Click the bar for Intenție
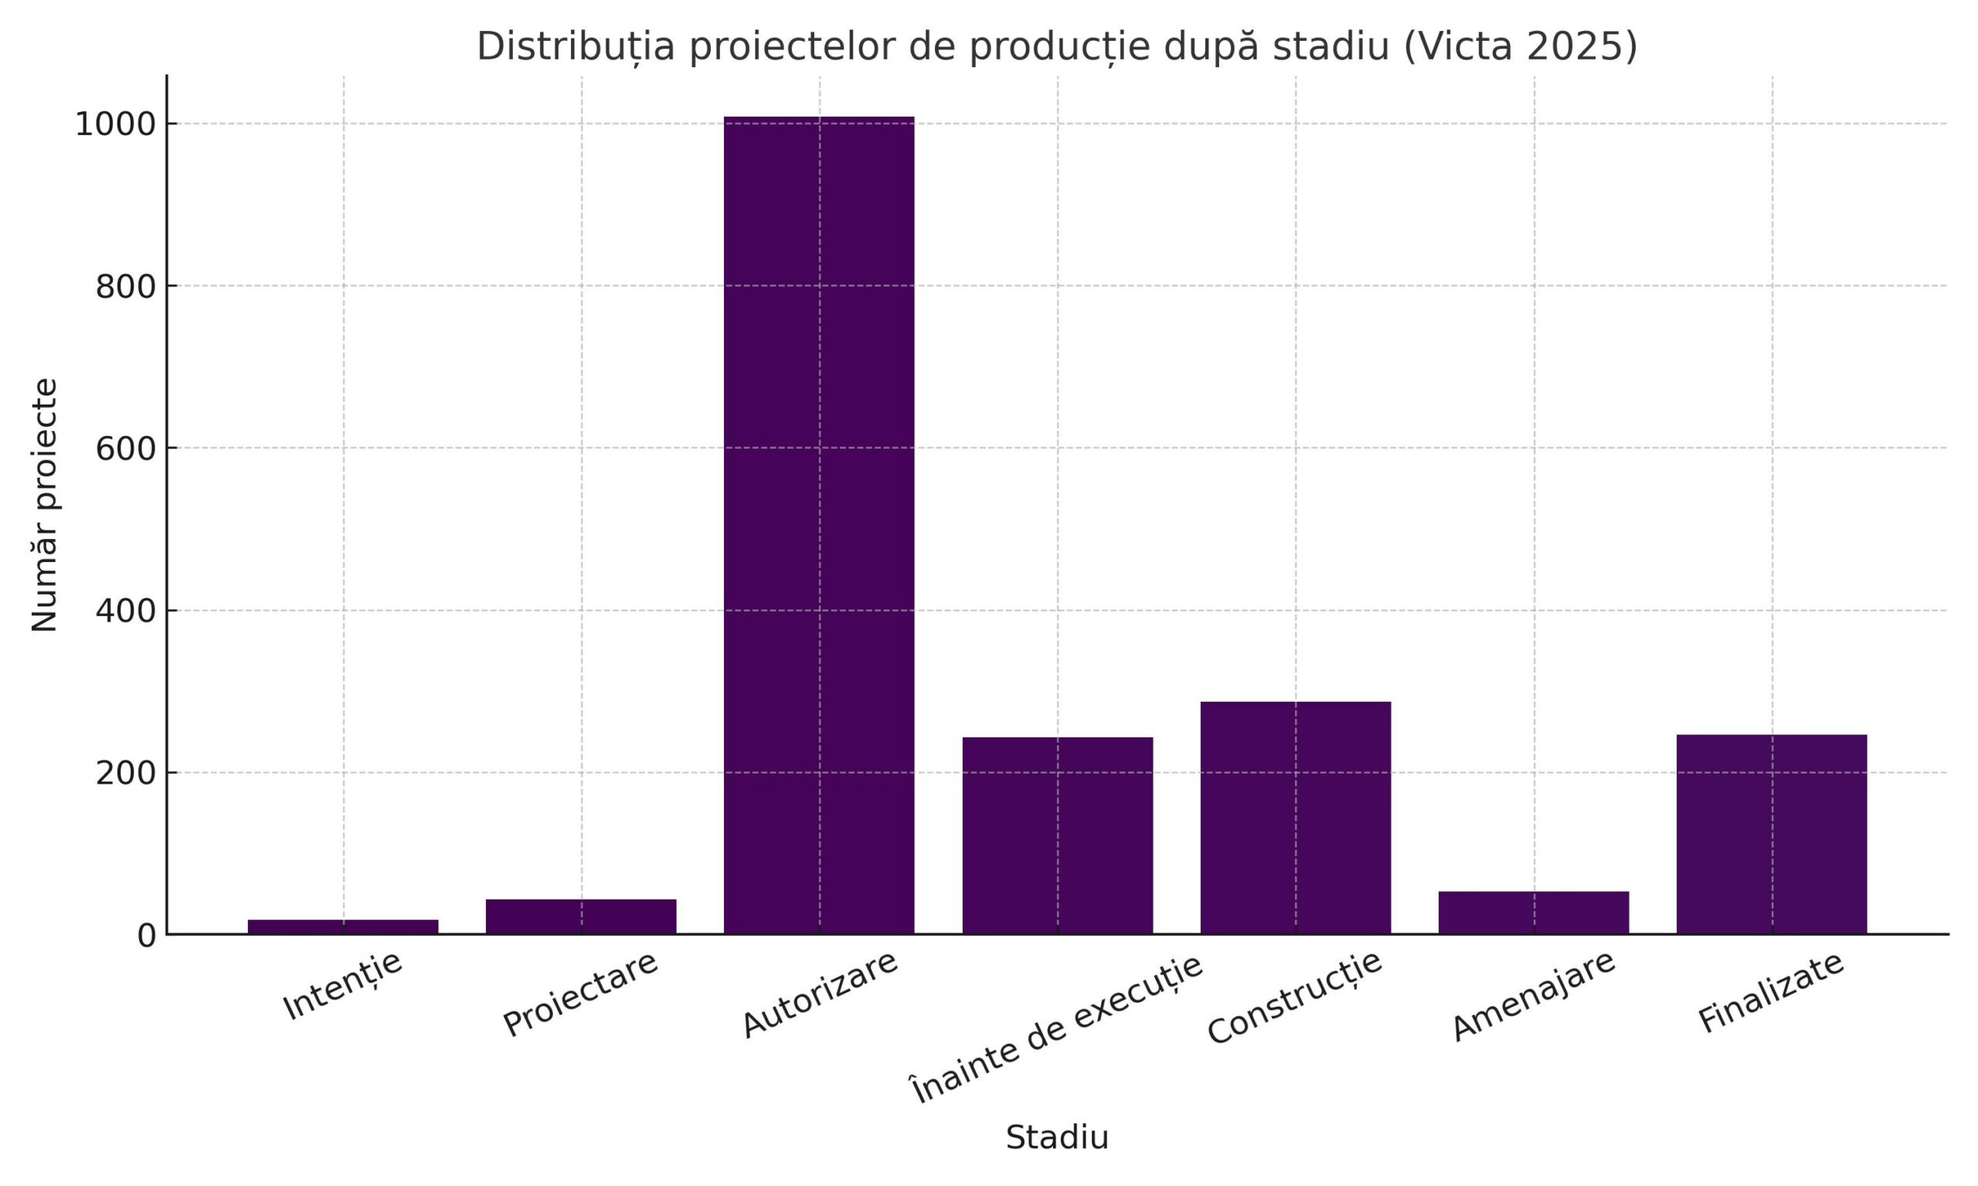(x=343, y=927)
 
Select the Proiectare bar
(x=581, y=917)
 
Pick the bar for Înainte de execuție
(x=1057, y=835)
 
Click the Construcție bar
(x=1295, y=818)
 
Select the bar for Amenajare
(x=1534, y=913)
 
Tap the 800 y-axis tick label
(x=125, y=287)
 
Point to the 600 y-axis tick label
(x=125, y=449)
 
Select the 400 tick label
(x=125, y=612)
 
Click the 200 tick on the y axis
(x=125, y=774)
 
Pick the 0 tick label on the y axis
(x=146, y=936)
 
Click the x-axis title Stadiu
(x=1057, y=1137)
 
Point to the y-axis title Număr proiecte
(x=45, y=505)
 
